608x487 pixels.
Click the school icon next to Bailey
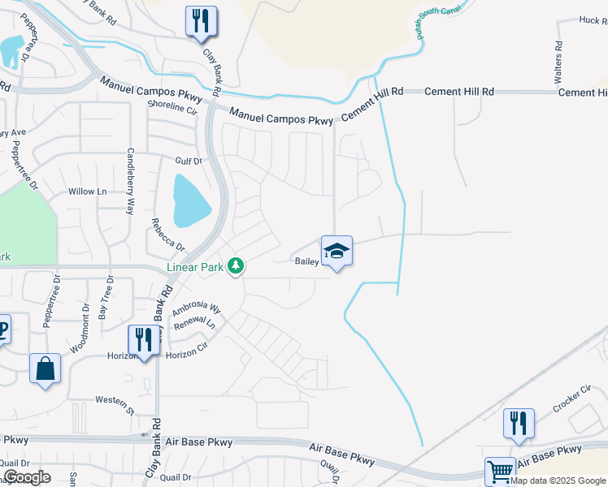click(x=337, y=251)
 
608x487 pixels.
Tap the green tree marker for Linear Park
click(x=236, y=265)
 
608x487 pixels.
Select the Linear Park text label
click(x=194, y=266)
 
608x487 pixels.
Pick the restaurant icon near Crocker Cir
click(x=519, y=423)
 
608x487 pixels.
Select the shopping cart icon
click(x=500, y=471)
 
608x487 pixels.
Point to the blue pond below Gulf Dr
click(x=191, y=200)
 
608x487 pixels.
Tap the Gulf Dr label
click(x=188, y=161)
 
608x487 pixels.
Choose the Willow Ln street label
click(x=88, y=192)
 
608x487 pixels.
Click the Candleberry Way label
click(x=130, y=182)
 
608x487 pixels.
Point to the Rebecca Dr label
click(x=168, y=235)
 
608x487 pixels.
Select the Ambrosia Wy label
click(x=196, y=309)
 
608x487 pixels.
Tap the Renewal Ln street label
click(x=194, y=323)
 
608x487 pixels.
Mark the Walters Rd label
click(x=558, y=63)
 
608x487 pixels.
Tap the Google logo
click(x=26, y=477)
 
